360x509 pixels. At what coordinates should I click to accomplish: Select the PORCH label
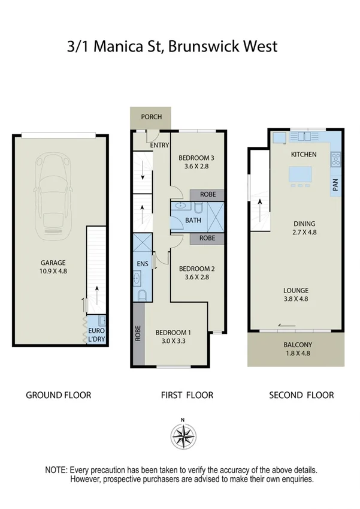coord(151,116)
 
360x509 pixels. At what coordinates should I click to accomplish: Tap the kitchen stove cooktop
coord(335,159)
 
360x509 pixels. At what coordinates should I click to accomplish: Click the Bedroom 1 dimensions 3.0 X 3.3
coord(174,341)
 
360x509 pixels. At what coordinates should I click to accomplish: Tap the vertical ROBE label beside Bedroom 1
coord(138,332)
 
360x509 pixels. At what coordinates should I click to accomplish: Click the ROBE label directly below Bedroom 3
coord(207,195)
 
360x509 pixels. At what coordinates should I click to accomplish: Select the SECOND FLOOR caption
coord(301,395)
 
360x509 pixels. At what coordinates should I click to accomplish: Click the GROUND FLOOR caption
coord(58,395)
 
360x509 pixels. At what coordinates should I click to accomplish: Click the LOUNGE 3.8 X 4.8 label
coord(297,295)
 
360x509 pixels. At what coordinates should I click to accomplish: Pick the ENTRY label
coord(160,145)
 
